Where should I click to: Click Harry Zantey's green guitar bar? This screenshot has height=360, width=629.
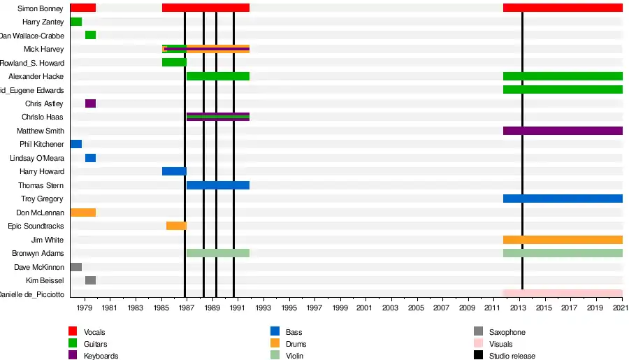pos(75,22)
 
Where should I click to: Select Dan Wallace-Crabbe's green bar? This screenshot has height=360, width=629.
pos(90,35)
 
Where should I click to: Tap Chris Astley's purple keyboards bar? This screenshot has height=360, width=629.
pos(90,103)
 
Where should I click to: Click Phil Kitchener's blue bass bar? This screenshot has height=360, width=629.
pos(75,144)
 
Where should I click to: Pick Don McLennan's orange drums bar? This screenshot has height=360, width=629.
pos(82,213)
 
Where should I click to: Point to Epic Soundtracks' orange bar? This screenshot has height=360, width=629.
pos(176,226)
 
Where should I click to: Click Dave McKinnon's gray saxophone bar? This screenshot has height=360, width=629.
pos(75,267)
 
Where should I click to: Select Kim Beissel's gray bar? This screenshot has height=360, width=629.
pos(90,280)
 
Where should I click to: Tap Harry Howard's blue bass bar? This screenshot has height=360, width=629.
pos(174,171)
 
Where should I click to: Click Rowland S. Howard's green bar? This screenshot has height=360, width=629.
pos(174,62)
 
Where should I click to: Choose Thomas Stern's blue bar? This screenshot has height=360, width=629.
pos(217,185)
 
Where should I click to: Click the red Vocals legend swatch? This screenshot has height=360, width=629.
pos(73,332)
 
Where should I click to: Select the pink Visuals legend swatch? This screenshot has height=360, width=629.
pos(478,344)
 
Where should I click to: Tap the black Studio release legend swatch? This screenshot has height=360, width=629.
pos(478,356)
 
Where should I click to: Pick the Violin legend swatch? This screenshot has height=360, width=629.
pos(275,356)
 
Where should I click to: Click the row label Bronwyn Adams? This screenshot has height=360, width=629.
pos(38,253)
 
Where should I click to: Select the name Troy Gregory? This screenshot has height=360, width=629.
pos(42,199)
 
